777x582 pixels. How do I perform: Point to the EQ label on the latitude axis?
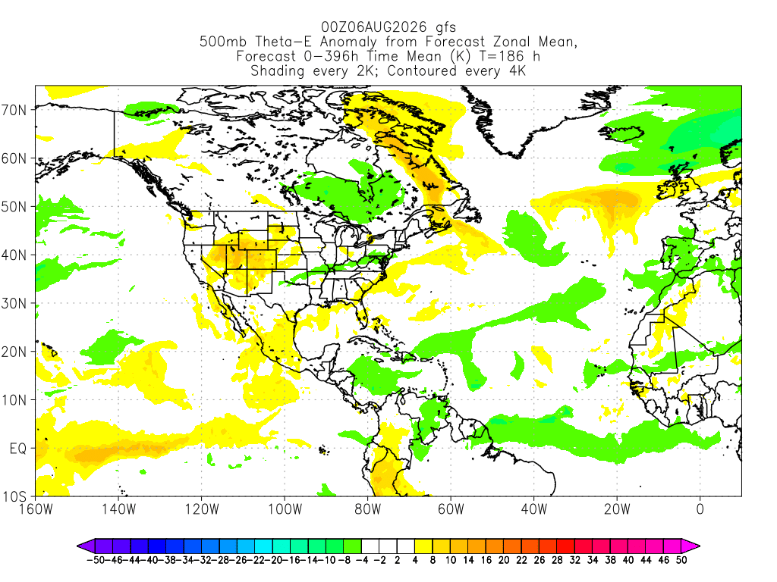(x=18, y=449)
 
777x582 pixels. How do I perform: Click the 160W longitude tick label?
(x=36, y=509)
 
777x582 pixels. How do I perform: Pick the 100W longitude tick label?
(x=285, y=509)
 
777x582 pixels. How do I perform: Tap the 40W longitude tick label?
(x=534, y=509)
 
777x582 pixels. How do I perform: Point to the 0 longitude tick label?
(x=700, y=509)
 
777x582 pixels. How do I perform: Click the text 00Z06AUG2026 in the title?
(x=373, y=27)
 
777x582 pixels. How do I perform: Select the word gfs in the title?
(x=446, y=28)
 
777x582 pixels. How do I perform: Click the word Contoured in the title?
(x=422, y=70)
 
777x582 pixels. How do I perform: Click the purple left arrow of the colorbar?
(x=86, y=546)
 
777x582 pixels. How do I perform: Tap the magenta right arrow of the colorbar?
(x=690, y=546)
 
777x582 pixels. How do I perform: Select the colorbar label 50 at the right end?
(x=681, y=560)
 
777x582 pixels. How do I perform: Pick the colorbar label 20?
(x=504, y=560)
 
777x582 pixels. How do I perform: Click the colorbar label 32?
(x=575, y=560)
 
